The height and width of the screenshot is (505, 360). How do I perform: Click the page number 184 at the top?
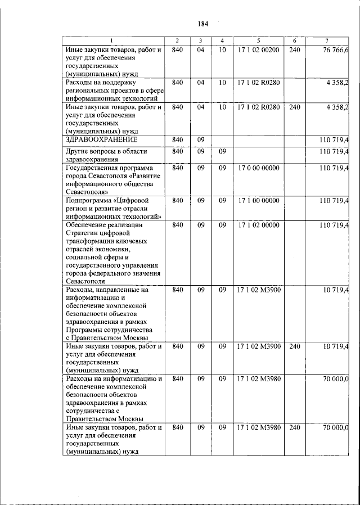(x=203, y=24)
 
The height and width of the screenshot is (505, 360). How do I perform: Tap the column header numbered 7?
(x=327, y=40)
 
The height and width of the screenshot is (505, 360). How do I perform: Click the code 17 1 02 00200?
(x=258, y=51)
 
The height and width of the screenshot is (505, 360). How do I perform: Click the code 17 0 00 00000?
(x=258, y=168)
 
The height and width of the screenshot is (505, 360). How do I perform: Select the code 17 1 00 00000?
(x=258, y=200)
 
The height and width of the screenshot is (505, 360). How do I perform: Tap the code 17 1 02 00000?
(x=258, y=225)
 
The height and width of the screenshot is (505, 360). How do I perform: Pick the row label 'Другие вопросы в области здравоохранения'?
(x=99, y=155)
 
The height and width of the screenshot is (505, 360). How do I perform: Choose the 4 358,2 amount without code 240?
(x=337, y=82)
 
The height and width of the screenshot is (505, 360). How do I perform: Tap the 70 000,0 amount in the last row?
(x=335, y=428)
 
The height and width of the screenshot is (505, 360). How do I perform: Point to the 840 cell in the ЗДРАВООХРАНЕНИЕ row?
(x=178, y=138)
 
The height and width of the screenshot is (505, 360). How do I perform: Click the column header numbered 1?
(x=112, y=40)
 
